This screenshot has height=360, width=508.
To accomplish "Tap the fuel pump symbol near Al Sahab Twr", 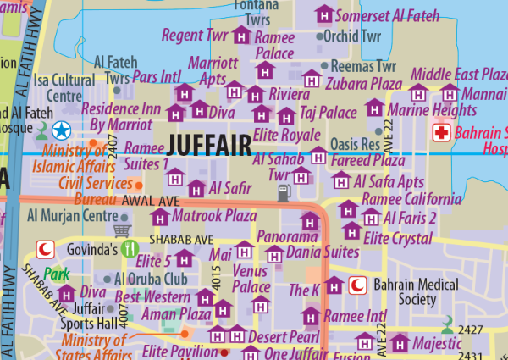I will click(283, 193).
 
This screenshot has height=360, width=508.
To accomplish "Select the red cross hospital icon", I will click(440, 133).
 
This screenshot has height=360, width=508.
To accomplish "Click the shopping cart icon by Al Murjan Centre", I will click(123, 229).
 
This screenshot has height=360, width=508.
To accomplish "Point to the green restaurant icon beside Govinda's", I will click(130, 248).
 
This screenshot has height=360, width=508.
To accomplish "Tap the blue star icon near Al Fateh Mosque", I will click(61, 130).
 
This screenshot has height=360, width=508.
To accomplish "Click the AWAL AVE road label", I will click(151, 201).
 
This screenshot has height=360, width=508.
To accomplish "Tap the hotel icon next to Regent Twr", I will click(241, 36).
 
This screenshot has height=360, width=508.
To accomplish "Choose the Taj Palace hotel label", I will click(329, 112).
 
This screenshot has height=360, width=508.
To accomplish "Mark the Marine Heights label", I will click(432, 111).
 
